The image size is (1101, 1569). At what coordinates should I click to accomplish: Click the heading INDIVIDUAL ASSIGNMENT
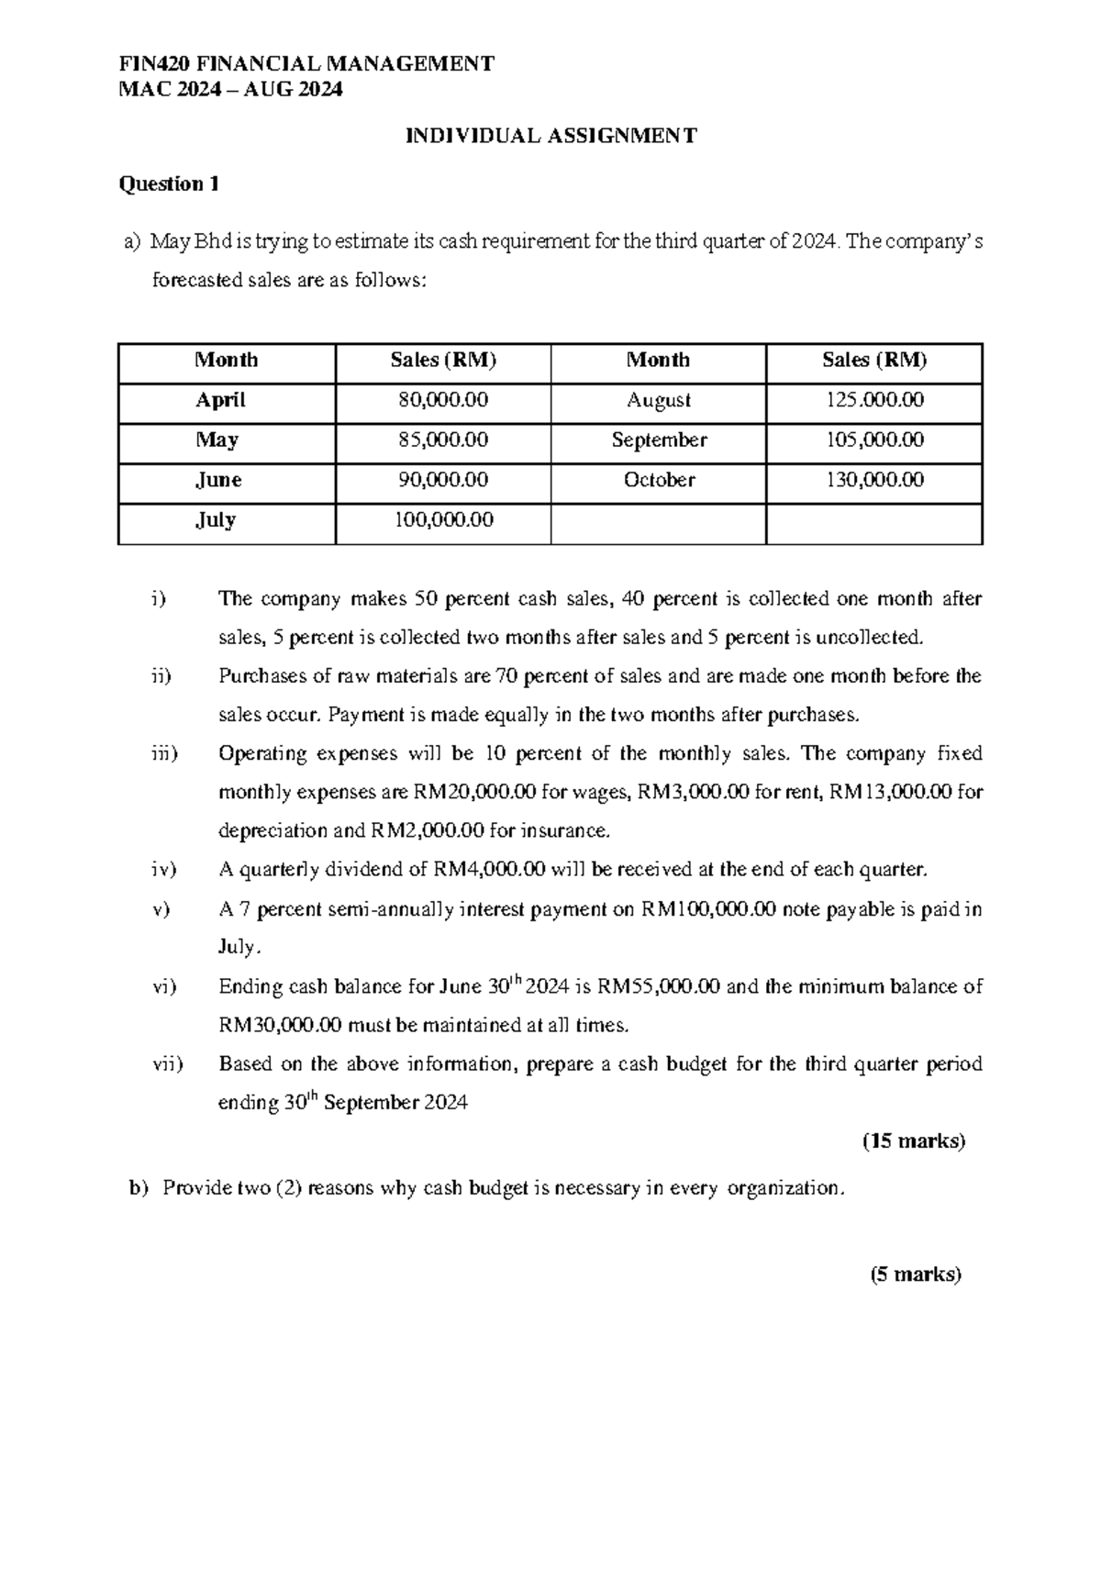coord(551,137)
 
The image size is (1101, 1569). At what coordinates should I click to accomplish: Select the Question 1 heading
coord(169,184)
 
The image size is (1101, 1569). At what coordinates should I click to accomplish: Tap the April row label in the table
coord(220,400)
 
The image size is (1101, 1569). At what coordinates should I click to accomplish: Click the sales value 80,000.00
coord(443,400)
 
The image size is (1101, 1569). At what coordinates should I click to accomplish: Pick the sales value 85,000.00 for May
coord(443,440)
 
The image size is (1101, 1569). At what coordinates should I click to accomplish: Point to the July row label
coord(216,520)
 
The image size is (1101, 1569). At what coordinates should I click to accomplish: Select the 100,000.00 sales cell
coord(443,520)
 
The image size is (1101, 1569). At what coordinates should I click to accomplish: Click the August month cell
coord(658,400)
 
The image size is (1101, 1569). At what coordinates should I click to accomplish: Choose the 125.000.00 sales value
coord(873,400)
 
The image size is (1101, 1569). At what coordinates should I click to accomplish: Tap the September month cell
coord(659,440)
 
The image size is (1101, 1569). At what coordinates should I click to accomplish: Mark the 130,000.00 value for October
coord(873,480)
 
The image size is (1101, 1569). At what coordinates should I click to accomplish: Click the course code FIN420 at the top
coord(150,63)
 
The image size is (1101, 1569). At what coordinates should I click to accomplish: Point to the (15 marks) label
coord(913,1141)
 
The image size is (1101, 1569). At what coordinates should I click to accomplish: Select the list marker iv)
coord(163,869)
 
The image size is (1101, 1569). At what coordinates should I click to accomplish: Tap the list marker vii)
coord(167,1064)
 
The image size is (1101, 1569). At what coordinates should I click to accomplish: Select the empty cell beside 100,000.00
coord(658,521)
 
